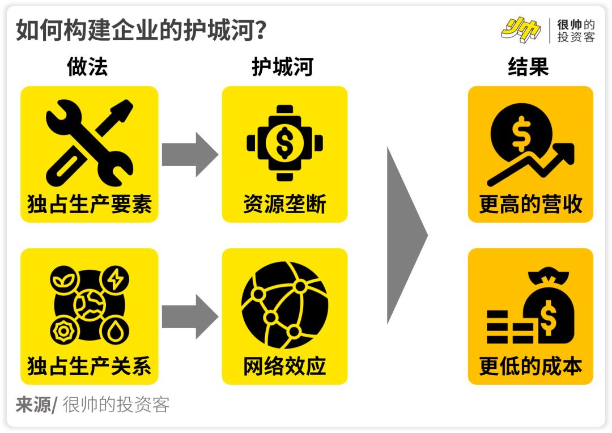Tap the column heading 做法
coord(87,67)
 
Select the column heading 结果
coord(528,67)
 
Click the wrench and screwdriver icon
coord(90,138)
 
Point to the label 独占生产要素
coord(90,205)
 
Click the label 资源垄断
coord(284,205)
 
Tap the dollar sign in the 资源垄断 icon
coord(284,142)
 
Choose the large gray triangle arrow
coord(406,235)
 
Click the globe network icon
coord(284,306)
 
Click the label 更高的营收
coord(530,205)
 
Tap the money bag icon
coord(546,309)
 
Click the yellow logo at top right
coord(520,29)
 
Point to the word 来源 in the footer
coord(32,405)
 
